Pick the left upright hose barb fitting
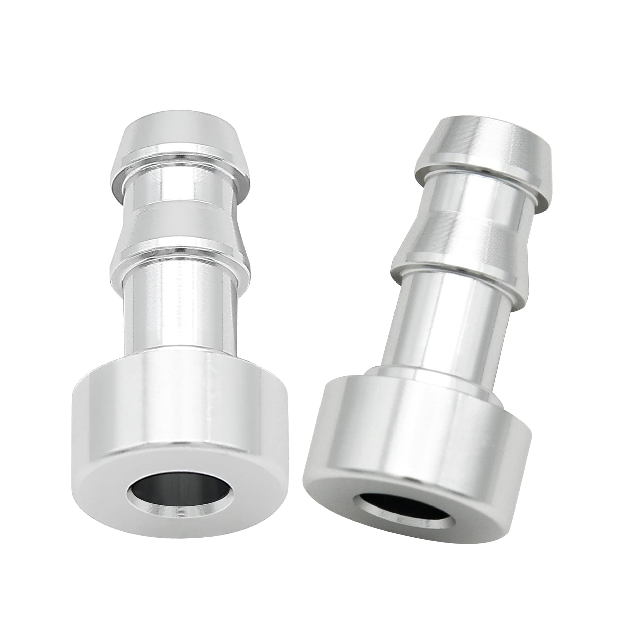pyautogui.click(x=183, y=336)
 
